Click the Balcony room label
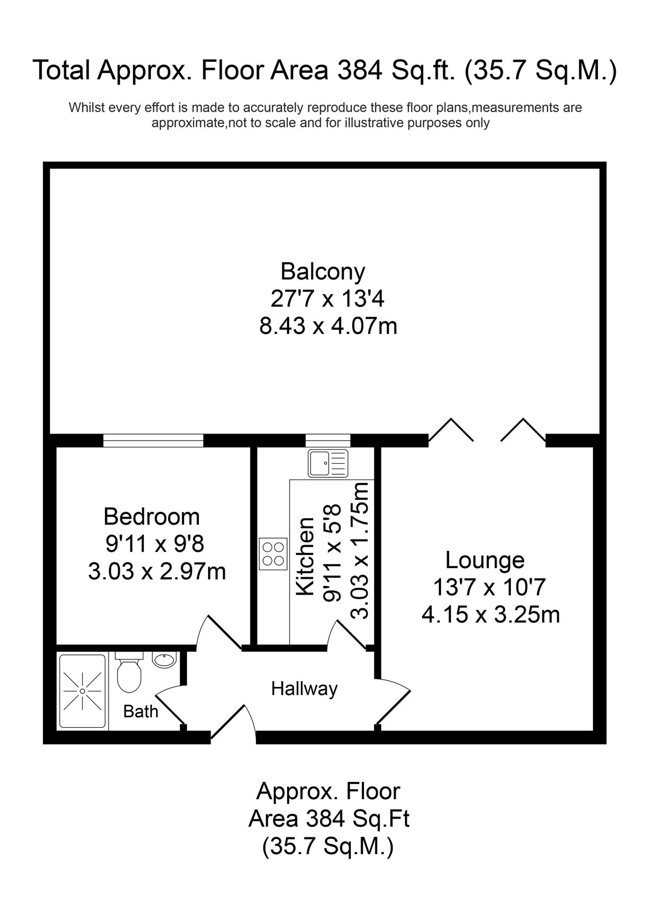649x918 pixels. coord(323,271)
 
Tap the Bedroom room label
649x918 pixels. coord(151,517)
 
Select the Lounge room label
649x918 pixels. coord(485,560)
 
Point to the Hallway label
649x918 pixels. coord(304,689)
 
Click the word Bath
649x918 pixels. coord(141,711)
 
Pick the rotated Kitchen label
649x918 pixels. coord(305,556)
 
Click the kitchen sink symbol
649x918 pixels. coord(328,463)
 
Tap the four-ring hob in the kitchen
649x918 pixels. coord(273,554)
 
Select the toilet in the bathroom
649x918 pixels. coord(129,672)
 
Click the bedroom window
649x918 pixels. coord(153,440)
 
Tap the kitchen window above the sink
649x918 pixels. coord(328,440)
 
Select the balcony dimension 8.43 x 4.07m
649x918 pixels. coord(328,326)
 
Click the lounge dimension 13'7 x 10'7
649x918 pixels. coord(489,588)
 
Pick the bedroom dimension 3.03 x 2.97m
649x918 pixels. coord(157,571)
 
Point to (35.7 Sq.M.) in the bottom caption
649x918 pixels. coord(328,847)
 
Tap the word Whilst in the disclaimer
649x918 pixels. coord(84,108)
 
